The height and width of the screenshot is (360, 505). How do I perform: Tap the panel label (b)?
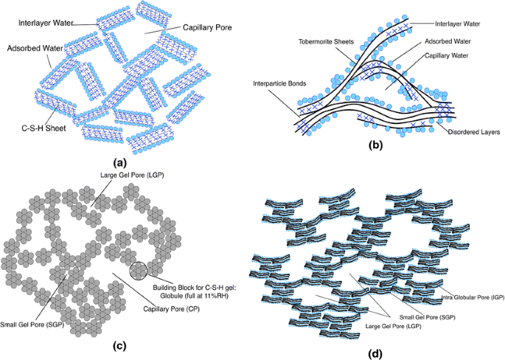(x=376, y=145)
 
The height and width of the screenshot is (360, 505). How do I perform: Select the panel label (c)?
(x=119, y=346)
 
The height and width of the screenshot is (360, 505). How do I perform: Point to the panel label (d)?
(x=376, y=354)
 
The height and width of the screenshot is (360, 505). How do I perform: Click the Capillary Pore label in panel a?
(x=207, y=28)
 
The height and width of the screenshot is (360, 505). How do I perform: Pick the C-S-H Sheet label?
(x=43, y=128)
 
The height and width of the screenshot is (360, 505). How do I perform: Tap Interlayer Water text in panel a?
(x=46, y=23)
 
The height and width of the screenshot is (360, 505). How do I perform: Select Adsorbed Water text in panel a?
(x=35, y=49)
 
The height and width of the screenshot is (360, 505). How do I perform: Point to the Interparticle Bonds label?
(x=279, y=84)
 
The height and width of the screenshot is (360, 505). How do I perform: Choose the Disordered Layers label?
(x=474, y=132)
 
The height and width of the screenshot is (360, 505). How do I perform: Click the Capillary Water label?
(x=446, y=56)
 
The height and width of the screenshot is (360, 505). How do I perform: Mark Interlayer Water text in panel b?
(x=458, y=24)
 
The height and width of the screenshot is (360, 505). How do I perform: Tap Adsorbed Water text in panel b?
(x=447, y=41)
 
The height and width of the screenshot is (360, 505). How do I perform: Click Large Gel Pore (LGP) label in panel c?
(x=132, y=176)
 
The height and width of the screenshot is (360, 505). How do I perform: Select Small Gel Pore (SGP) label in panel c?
(x=32, y=325)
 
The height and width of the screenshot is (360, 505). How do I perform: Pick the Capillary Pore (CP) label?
(x=171, y=309)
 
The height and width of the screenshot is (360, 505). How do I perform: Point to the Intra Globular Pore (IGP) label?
(x=473, y=297)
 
